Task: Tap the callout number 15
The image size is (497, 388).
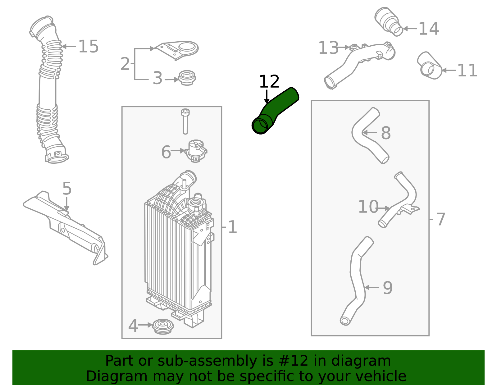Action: point(88,47)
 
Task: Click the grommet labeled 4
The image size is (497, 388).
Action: point(163,326)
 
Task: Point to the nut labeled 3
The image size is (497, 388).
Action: point(187,78)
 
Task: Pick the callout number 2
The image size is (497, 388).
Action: point(125,64)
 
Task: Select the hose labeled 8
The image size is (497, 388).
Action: point(370,135)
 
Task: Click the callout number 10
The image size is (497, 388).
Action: point(368,207)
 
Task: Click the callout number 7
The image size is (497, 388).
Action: point(441,219)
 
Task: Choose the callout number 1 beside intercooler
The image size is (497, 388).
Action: point(232,227)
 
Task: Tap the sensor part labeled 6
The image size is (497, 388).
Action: point(196,151)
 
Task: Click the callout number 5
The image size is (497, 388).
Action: point(67,189)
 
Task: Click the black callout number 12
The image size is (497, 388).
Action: point(269,82)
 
